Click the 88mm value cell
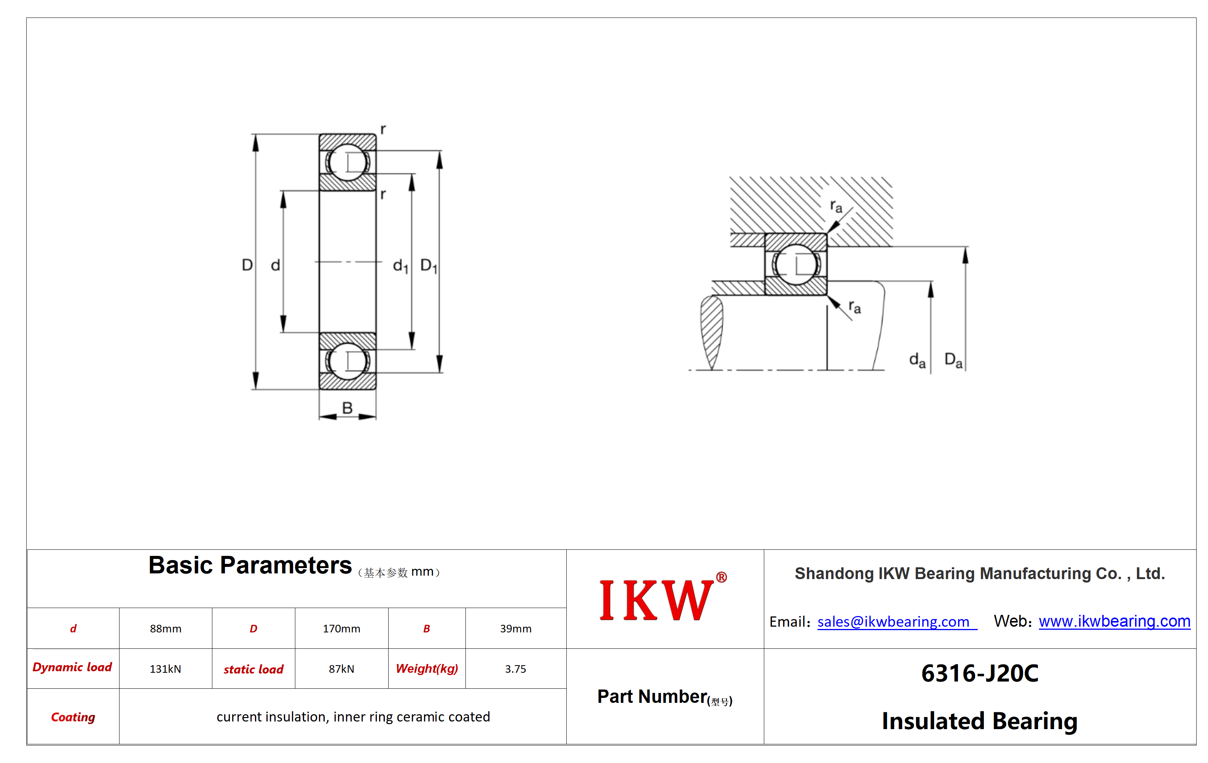pyautogui.click(x=166, y=629)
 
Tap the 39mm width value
pyautogui.click(x=515, y=629)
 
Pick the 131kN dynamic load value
pyautogui.click(x=165, y=669)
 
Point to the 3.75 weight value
pyautogui.click(x=515, y=669)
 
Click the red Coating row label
pyautogui.click(x=73, y=717)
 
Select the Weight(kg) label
pyautogui.click(x=427, y=669)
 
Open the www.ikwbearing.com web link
pyautogui.click(x=1114, y=621)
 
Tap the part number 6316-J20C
pyautogui.click(x=980, y=673)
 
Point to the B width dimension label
pyautogui.click(x=347, y=408)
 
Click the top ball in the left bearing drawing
pyautogui.click(x=347, y=162)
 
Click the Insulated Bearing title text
pyautogui.click(x=980, y=721)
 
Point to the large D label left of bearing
pyautogui.click(x=247, y=265)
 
